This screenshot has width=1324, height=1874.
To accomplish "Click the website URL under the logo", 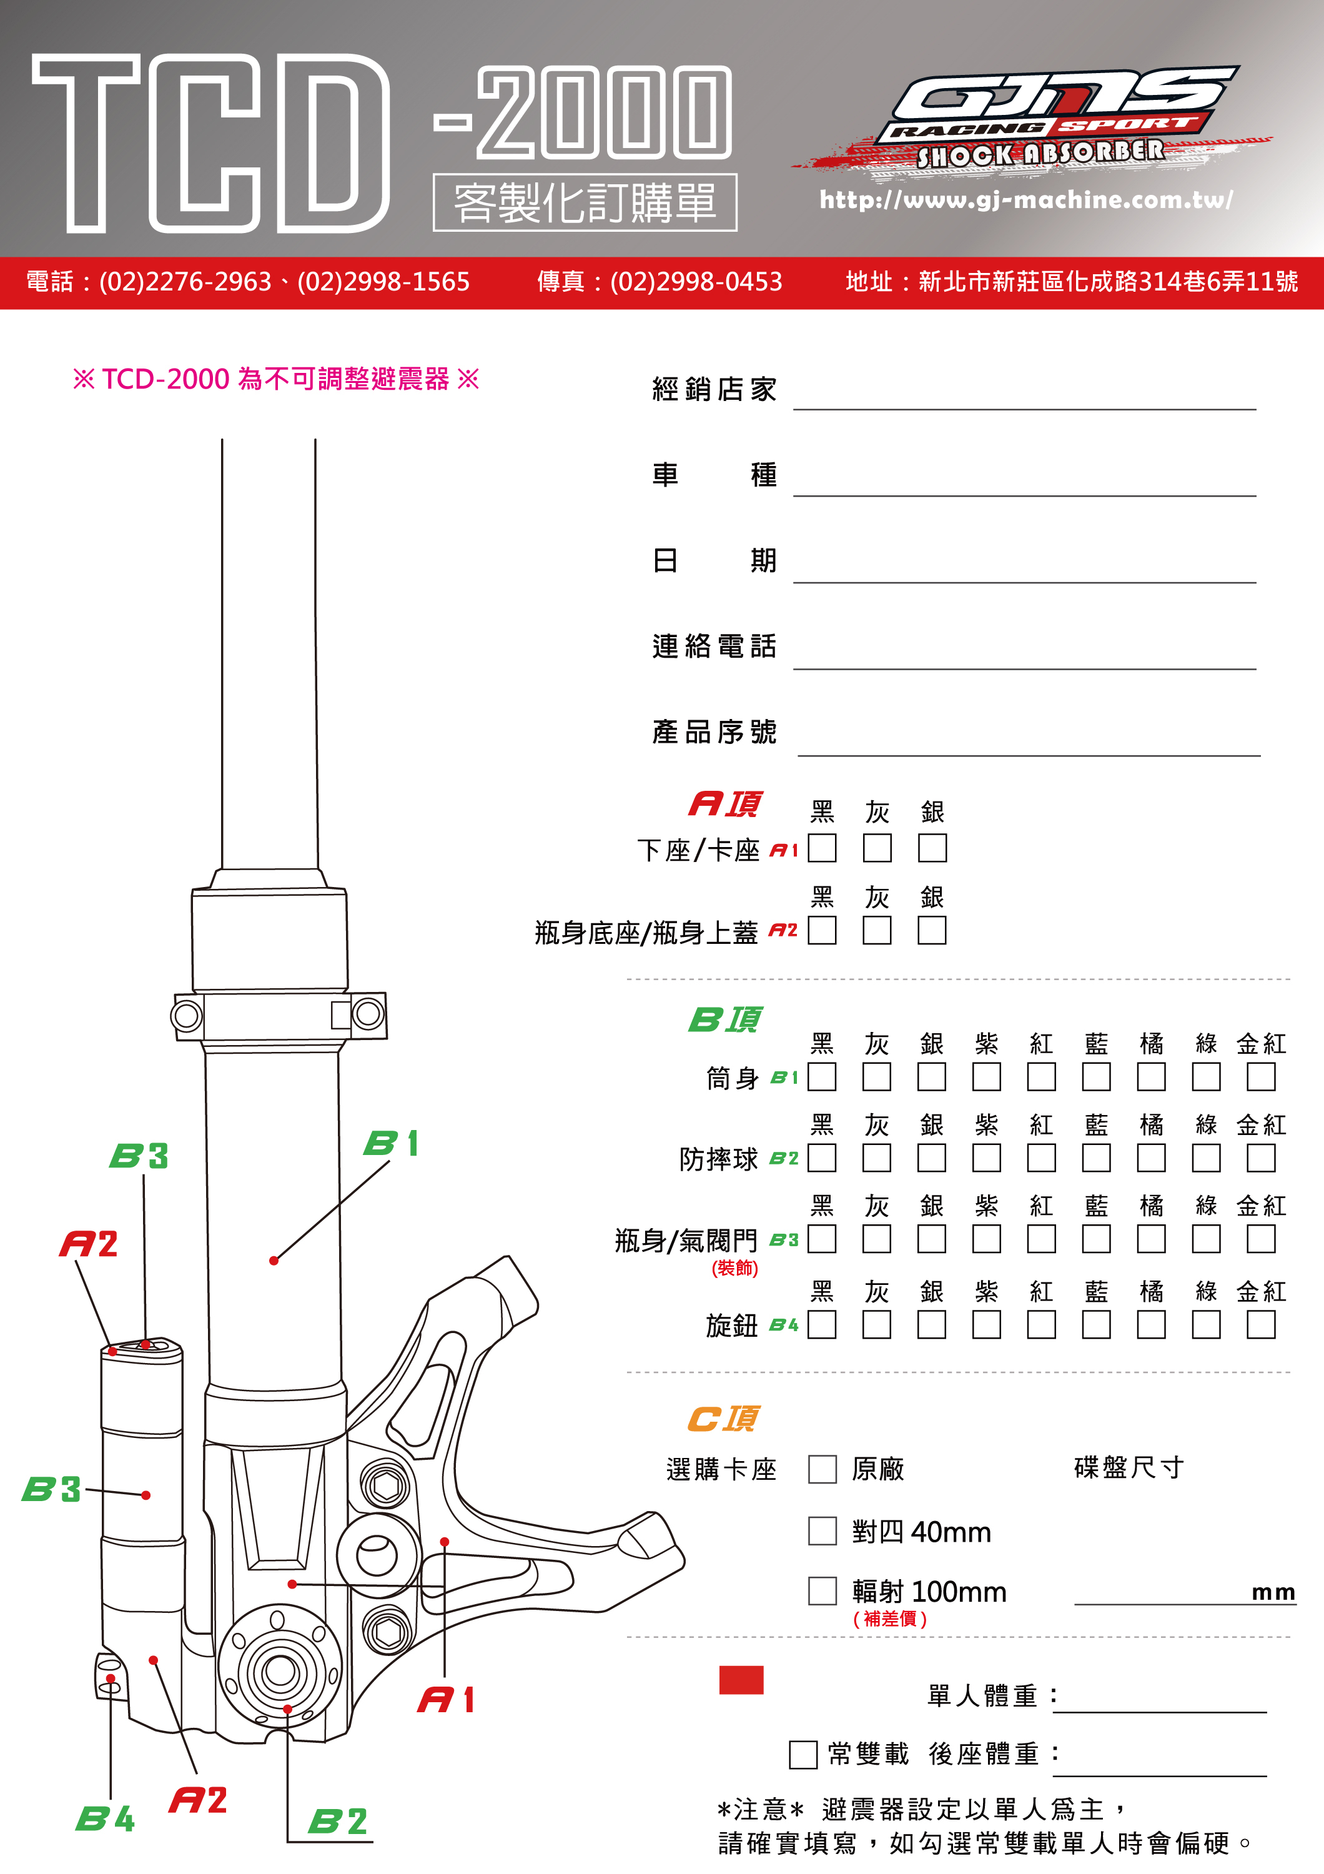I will [x=1025, y=200].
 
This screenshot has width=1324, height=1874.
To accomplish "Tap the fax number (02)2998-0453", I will [x=696, y=282].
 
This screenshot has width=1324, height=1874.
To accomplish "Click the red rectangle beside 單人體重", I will [x=741, y=1680].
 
